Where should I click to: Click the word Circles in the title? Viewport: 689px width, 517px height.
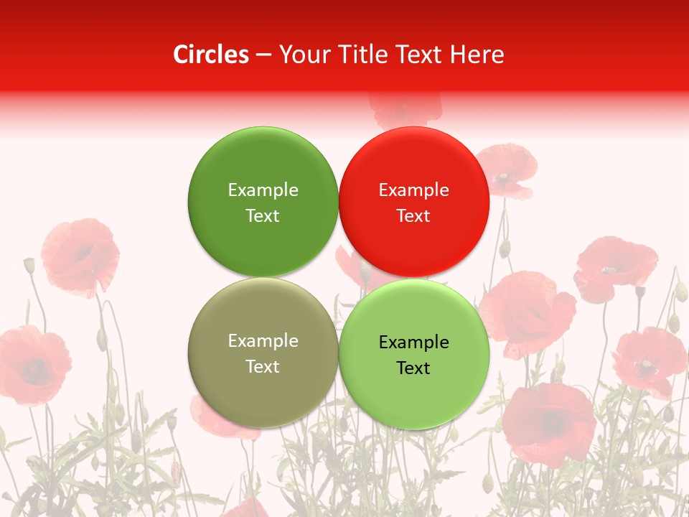pyautogui.click(x=210, y=55)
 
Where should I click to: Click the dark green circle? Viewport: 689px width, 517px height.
pyautogui.click(x=263, y=202)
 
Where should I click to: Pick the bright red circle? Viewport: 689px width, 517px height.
pyautogui.click(x=414, y=202)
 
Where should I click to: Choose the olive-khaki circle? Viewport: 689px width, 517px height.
pyautogui.click(x=263, y=353)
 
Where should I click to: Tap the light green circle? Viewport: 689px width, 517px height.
pyautogui.click(x=414, y=354)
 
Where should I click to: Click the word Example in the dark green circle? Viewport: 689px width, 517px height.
pyautogui.click(x=263, y=190)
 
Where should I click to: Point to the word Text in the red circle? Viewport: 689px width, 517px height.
pyautogui.click(x=413, y=215)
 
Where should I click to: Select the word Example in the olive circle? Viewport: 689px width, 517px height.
pyautogui.click(x=263, y=340)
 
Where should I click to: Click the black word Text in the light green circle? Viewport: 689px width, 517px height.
pyautogui.click(x=413, y=368)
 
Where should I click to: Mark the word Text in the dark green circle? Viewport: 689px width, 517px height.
pyautogui.click(x=263, y=215)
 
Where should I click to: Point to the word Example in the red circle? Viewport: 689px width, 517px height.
pyautogui.click(x=413, y=190)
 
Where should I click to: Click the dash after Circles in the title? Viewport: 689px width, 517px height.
pyautogui.click(x=263, y=55)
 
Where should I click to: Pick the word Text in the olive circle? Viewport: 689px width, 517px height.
pyautogui.click(x=263, y=366)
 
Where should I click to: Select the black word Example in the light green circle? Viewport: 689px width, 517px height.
pyautogui.click(x=413, y=342)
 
